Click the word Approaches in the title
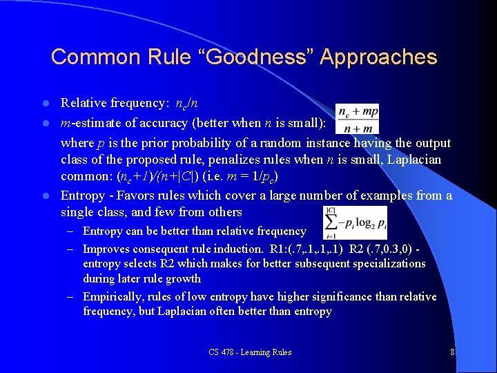(380, 57)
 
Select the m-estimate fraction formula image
(358, 119)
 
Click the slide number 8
(452, 352)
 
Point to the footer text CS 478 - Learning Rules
(250, 352)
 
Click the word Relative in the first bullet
(83, 103)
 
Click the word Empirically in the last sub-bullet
(115, 296)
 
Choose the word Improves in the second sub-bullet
(108, 249)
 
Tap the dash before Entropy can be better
(72, 231)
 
